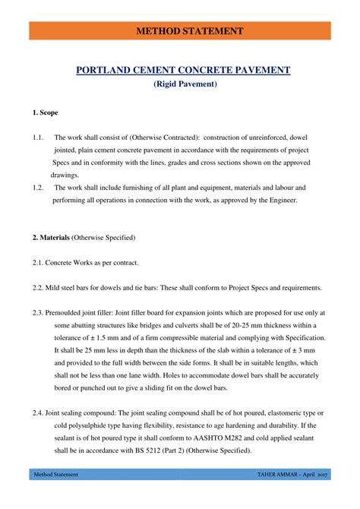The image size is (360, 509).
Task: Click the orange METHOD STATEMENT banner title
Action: coord(180,31)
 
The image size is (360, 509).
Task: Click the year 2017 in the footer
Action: coord(322,496)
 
